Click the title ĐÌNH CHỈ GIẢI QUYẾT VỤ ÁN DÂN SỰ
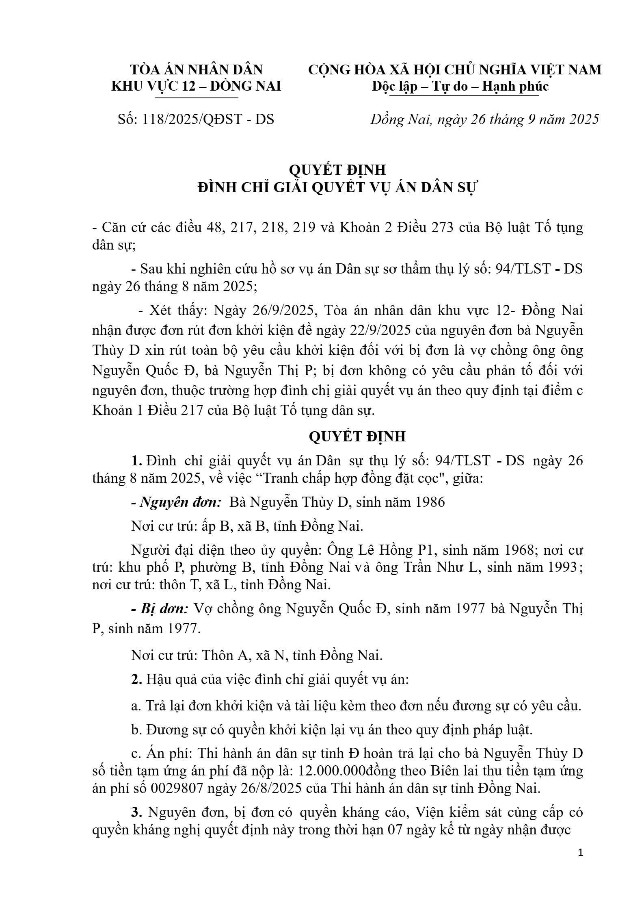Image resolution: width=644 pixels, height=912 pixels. click(338, 188)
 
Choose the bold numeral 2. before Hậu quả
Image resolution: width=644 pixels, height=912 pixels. click(136, 679)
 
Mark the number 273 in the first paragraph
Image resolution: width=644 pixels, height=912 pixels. click(440, 228)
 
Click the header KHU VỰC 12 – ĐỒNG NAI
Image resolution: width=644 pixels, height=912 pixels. click(196, 86)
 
